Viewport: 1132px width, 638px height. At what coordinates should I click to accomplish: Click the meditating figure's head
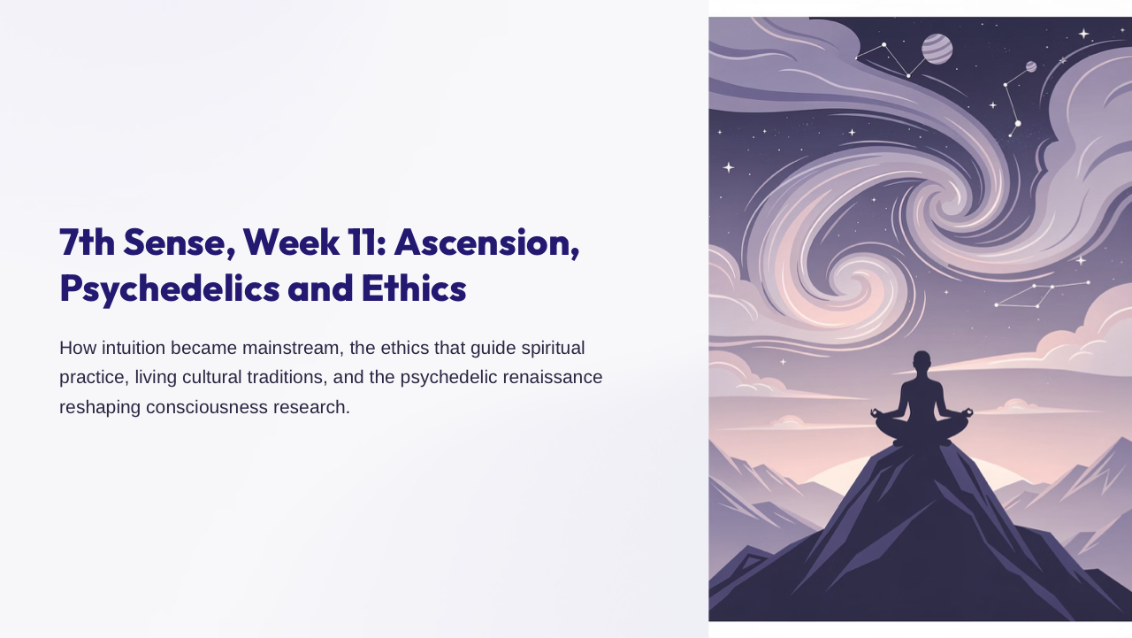pyautogui.click(x=922, y=361)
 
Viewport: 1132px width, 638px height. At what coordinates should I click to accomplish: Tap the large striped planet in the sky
pyautogui.click(x=937, y=49)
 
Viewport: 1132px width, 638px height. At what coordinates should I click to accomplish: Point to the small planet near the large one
pyautogui.click(x=1031, y=66)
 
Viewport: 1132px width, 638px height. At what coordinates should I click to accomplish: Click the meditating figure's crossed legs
pyautogui.click(x=922, y=428)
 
